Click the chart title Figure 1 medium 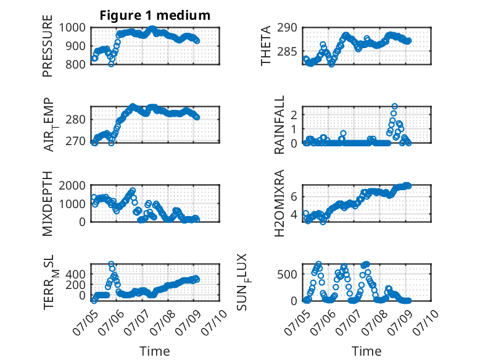[x=155, y=15]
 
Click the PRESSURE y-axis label [x=48, y=46]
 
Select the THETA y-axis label [x=266, y=46]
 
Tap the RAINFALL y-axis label [x=279, y=125]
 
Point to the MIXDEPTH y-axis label [x=48, y=203]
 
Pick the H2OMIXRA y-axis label [x=279, y=203]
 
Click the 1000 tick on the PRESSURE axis [x=72, y=28]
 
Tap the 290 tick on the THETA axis [x=287, y=28]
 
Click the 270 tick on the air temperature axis [x=75, y=141]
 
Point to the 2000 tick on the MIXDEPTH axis [x=72, y=185]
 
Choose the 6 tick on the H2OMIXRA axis [x=294, y=196]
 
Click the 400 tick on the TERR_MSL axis [x=75, y=274]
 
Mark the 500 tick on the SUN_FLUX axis [x=287, y=274]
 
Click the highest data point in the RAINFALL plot [x=395, y=106]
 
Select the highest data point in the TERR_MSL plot [x=111, y=264]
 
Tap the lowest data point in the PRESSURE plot [x=111, y=64]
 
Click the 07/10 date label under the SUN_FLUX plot [x=426, y=322]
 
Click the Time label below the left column [x=155, y=351]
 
